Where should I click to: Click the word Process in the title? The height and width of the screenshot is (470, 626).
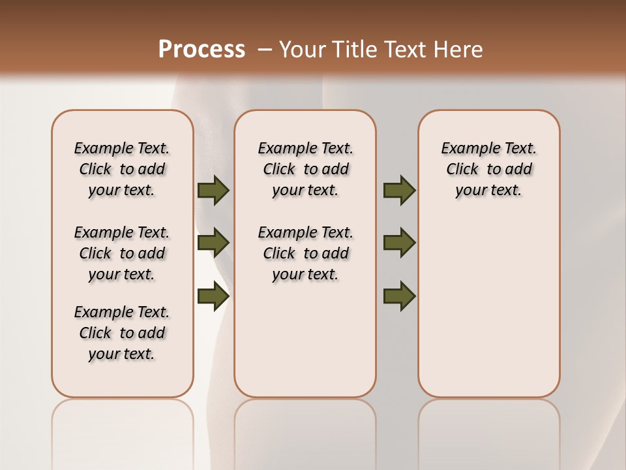[x=201, y=50]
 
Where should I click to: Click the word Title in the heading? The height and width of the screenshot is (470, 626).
[x=351, y=50]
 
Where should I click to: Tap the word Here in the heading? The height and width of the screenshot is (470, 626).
[x=459, y=50]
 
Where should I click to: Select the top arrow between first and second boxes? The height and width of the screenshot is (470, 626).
[x=213, y=191]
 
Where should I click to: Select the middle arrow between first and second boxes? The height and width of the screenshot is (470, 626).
[x=213, y=243]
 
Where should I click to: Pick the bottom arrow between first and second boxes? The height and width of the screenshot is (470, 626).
[x=213, y=296]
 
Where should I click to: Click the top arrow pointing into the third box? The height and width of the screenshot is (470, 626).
[x=399, y=191]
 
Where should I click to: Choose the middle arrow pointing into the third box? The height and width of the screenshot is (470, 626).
[x=399, y=243]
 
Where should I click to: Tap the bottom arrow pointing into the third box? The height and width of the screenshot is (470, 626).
[x=399, y=296]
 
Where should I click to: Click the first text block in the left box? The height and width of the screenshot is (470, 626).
[x=122, y=169]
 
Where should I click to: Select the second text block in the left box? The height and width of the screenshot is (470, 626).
[x=122, y=253]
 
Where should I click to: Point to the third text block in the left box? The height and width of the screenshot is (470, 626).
[x=122, y=333]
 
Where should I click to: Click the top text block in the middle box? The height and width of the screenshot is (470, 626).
[x=305, y=169]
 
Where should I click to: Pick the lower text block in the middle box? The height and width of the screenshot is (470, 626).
[x=305, y=253]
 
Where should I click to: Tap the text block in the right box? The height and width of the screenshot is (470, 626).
[x=489, y=169]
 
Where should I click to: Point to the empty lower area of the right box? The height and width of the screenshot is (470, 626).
[x=489, y=307]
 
